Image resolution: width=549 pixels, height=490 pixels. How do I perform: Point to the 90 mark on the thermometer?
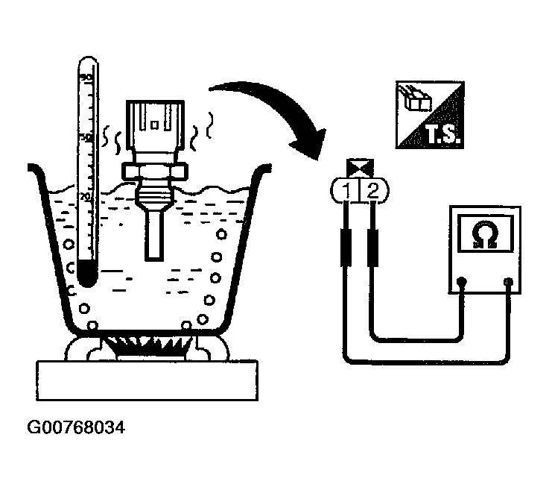pos(86,78)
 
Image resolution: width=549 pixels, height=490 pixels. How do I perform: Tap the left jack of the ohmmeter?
pos(463,282)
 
